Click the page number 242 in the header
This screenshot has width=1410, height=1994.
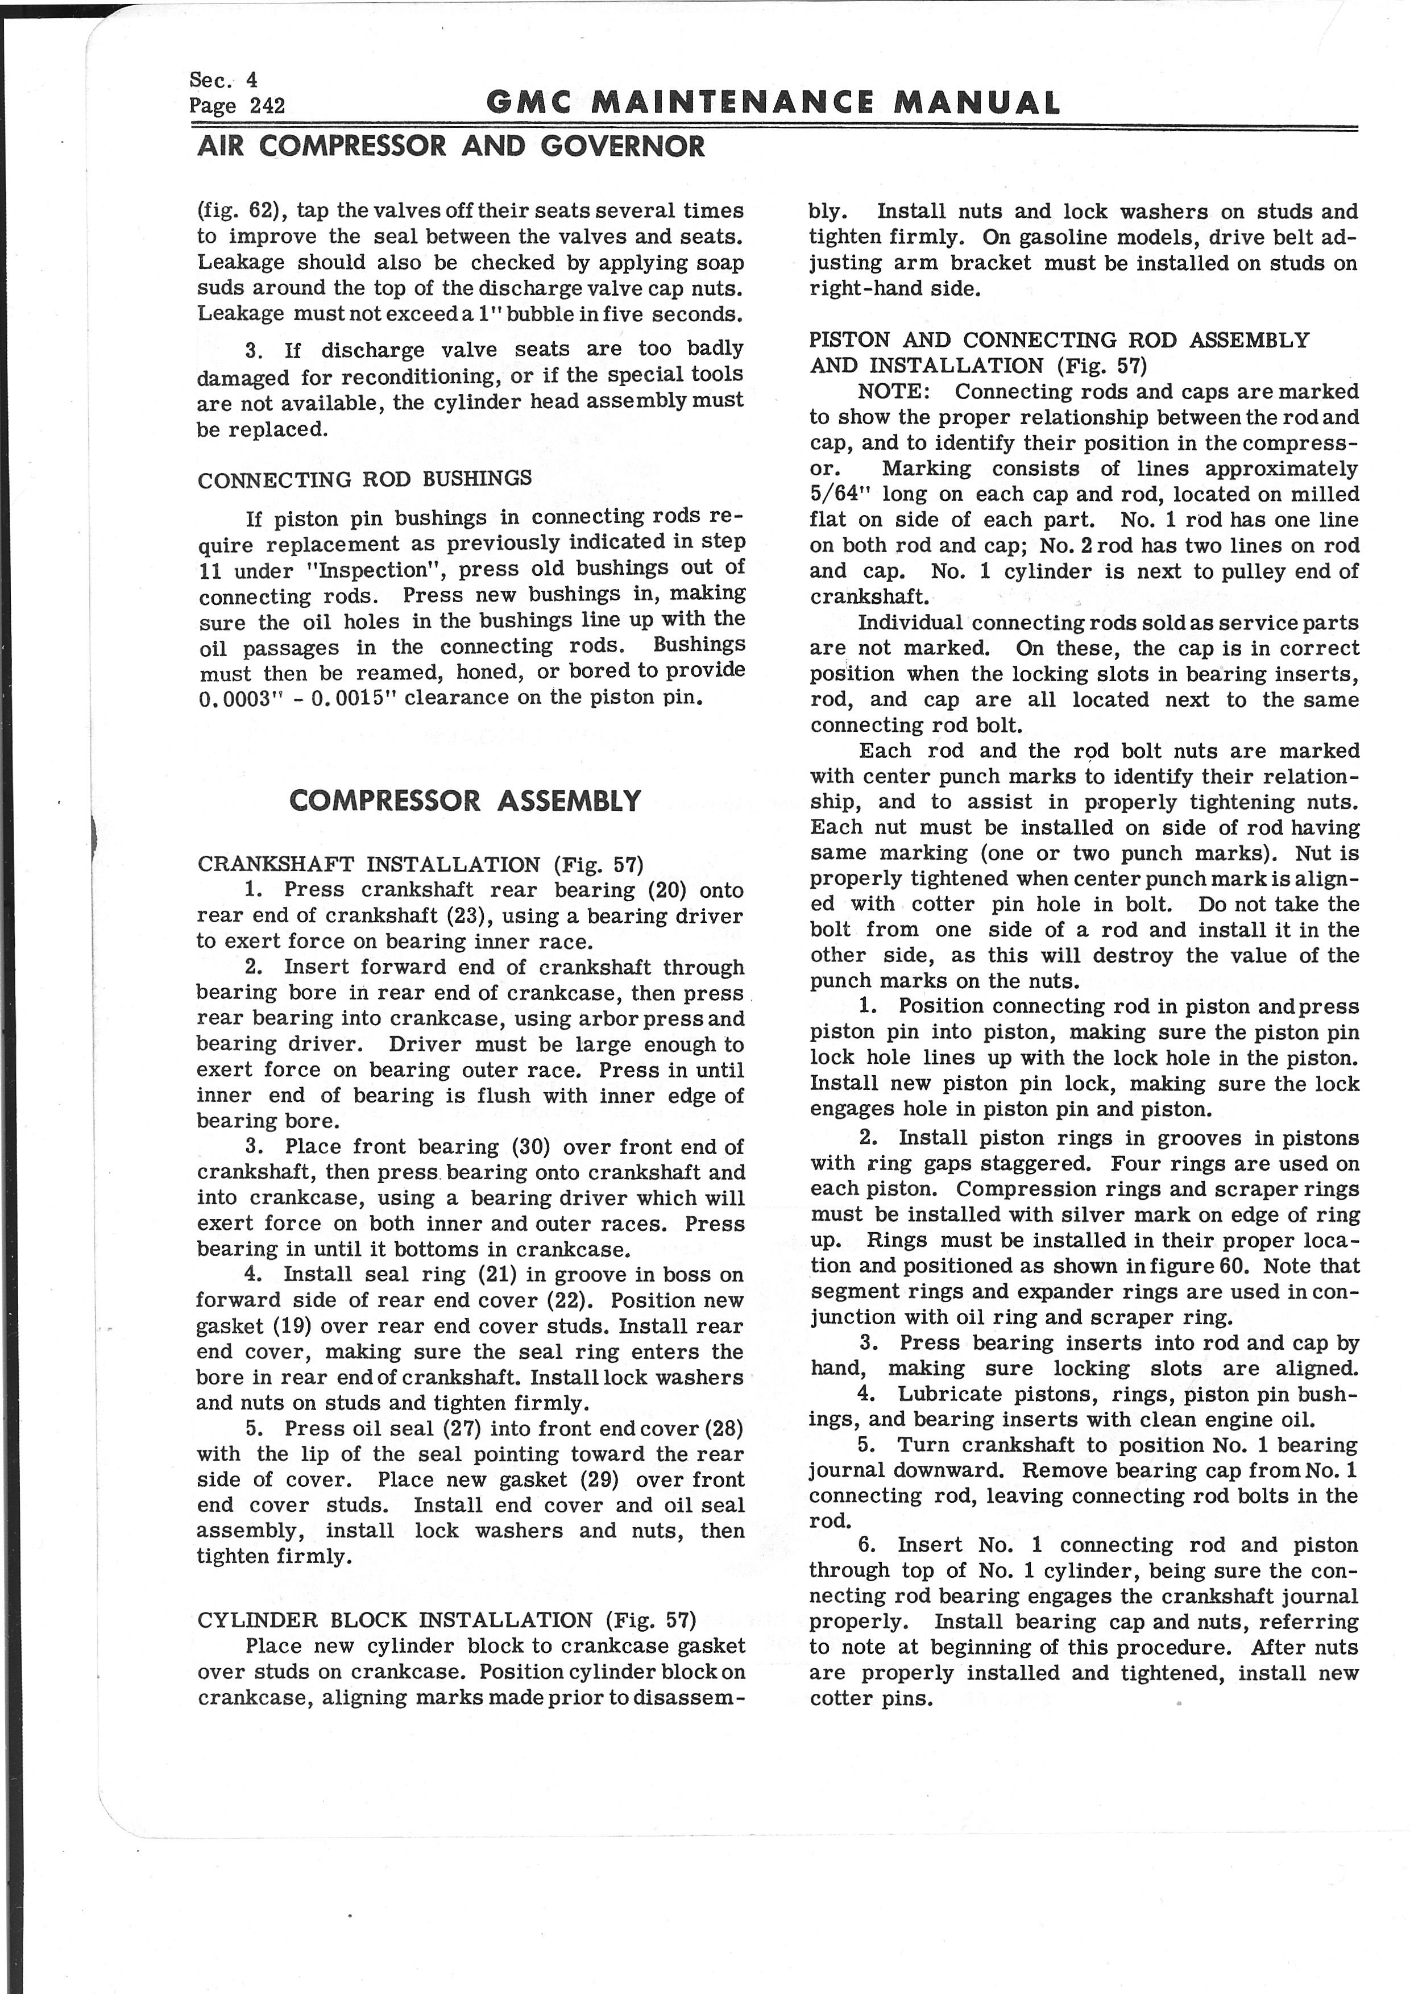(x=267, y=106)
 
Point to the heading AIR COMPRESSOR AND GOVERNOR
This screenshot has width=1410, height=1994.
(x=451, y=146)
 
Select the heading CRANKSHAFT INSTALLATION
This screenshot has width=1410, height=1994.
(x=369, y=864)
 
